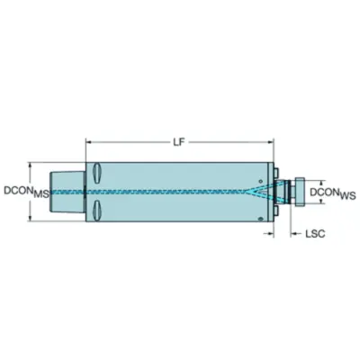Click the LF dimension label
(178, 141)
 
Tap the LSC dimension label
(315, 234)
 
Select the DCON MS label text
(26, 193)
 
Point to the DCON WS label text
(333, 193)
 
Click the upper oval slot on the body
(98, 173)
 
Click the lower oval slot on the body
(98, 210)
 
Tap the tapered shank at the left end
(67, 192)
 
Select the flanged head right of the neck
(300, 192)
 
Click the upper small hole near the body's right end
(260, 181)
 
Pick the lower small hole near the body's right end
(260, 219)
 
